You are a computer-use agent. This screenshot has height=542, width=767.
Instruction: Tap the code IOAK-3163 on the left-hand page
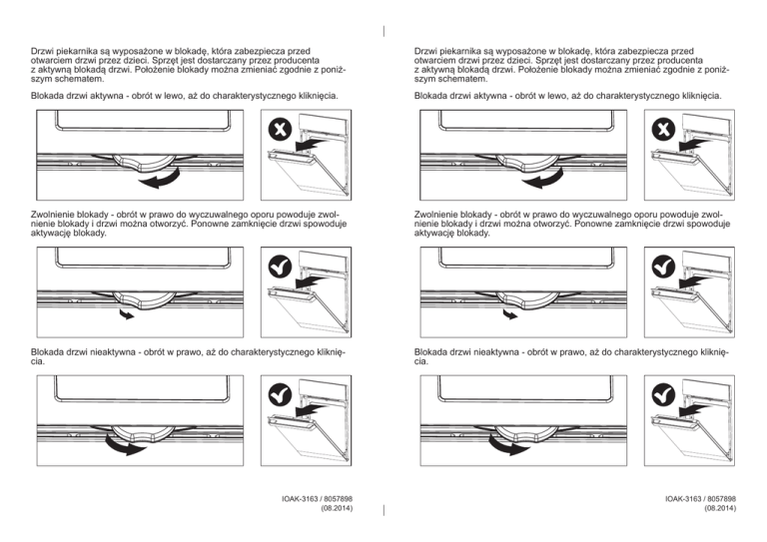tap(289, 497)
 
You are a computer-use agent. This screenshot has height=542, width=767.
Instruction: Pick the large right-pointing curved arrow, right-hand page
tap(511, 447)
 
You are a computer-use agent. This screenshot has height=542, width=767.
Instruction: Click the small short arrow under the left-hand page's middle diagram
tap(126, 314)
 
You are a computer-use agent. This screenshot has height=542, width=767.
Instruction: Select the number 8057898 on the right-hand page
tap(718, 497)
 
